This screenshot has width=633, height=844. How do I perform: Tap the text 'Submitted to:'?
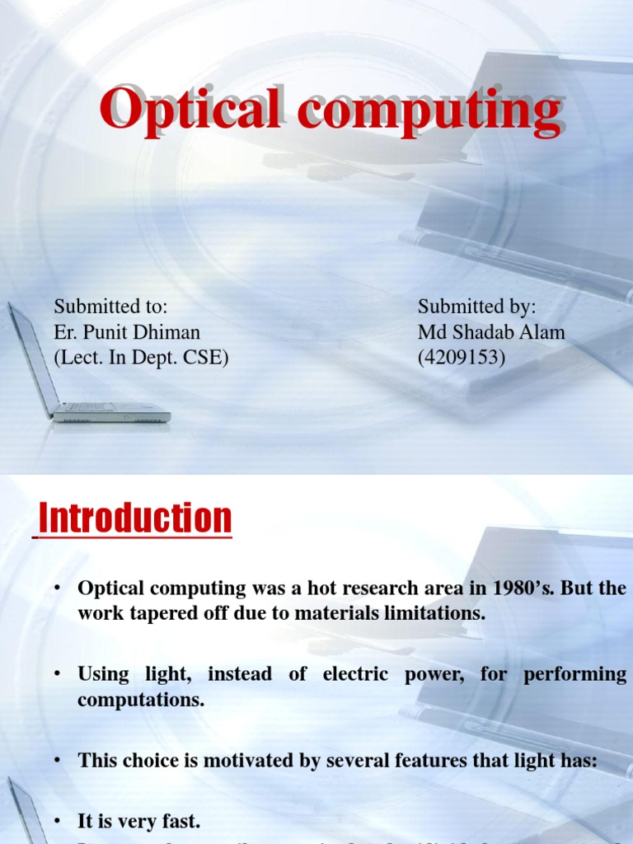click(x=110, y=307)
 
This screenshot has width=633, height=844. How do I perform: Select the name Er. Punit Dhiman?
click(x=127, y=332)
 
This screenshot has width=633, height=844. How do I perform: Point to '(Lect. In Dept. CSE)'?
click(x=141, y=358)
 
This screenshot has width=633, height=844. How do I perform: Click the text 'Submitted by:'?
click(x=476, y=307)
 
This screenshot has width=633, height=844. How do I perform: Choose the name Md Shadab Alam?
click(x=491, y=332)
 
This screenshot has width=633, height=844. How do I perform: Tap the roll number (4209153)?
click(x=462, y=358)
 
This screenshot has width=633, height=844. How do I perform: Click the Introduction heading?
click(x=136, y=518)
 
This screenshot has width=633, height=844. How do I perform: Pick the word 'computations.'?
click(x=138, y=699)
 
